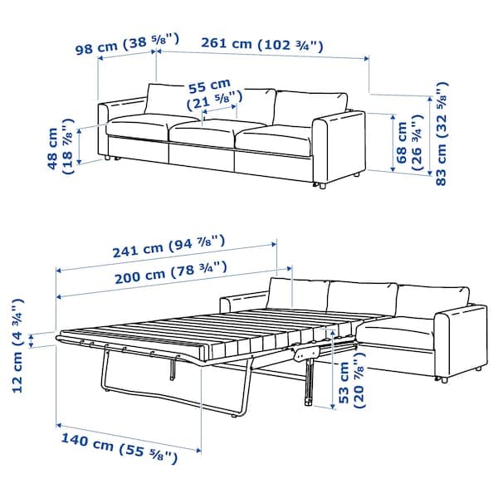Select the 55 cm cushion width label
[x=207, y=94]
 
